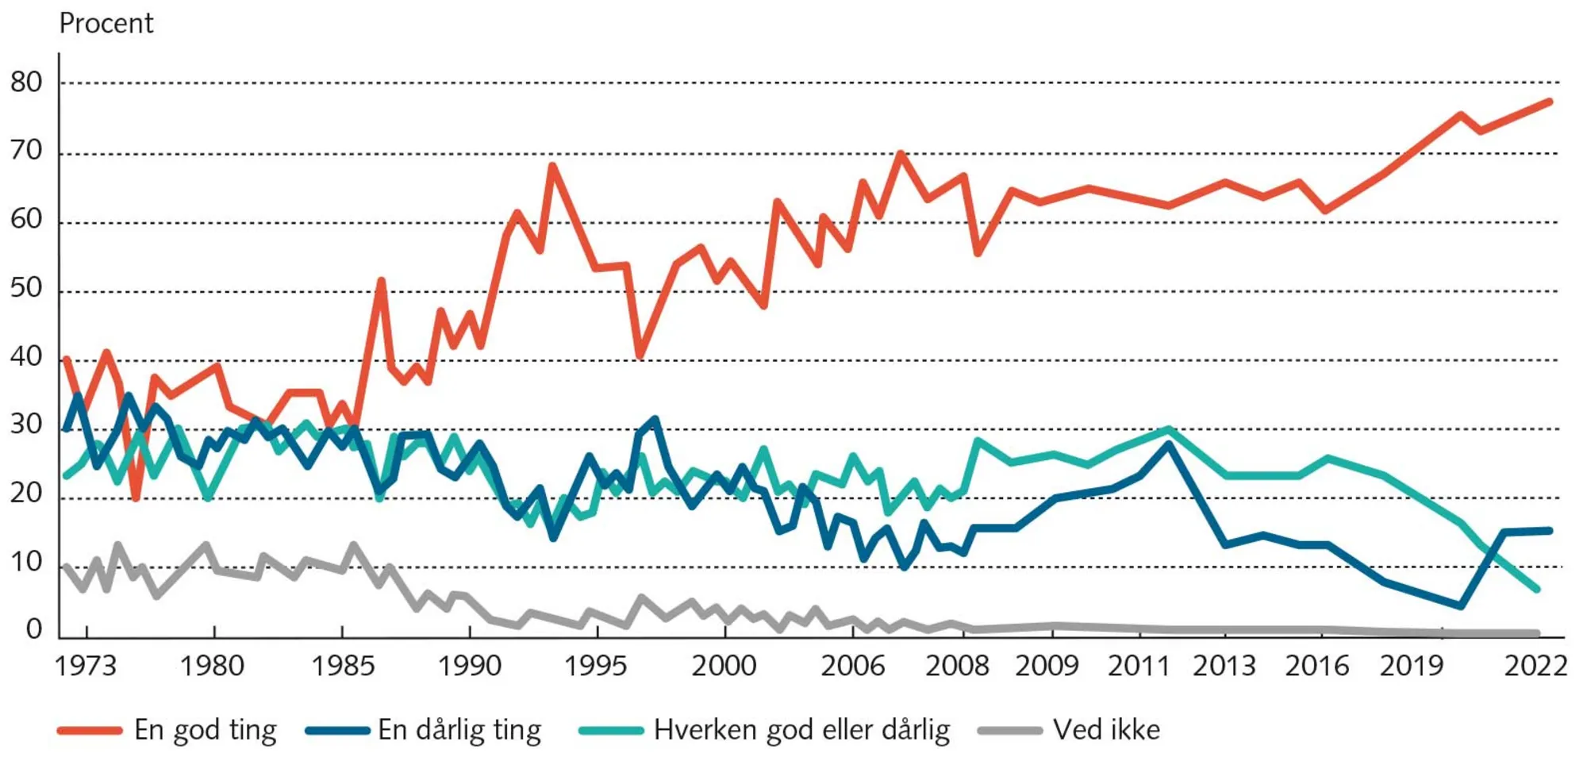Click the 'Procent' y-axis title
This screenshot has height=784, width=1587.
[x=106, y=24]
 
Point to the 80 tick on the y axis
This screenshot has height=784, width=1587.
[x=26, y=82]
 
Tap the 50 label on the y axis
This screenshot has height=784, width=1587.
[x=26, y=288]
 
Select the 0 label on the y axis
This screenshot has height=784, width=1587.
[x=33, y=629]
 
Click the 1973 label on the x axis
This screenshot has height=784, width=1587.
[x=86, y=666]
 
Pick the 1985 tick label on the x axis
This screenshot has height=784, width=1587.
[x=342, y=666]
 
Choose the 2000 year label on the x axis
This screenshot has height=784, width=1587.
[x=724, y=666]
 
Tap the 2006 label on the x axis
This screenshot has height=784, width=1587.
[x=852, y=666]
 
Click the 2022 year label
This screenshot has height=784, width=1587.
[x=1535, y=666]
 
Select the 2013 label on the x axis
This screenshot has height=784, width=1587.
[x=1224, y=666]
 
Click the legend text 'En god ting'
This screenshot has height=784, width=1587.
[x=206, y=730]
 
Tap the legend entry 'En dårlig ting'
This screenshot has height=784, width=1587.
[x=459, y=730]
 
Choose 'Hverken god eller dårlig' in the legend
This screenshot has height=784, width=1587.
[x=801, y=730]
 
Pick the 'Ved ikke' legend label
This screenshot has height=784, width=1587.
[x=1106, y=730]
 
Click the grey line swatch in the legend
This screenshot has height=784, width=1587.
[x=1009, y=730]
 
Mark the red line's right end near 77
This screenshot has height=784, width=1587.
[x=1549, y=102]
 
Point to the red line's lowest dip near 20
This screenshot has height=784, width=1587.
[x=136, y=498]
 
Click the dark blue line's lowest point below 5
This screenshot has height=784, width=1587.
[x=1460, y=605]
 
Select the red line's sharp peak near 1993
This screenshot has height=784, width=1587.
[x=552, y=166]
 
